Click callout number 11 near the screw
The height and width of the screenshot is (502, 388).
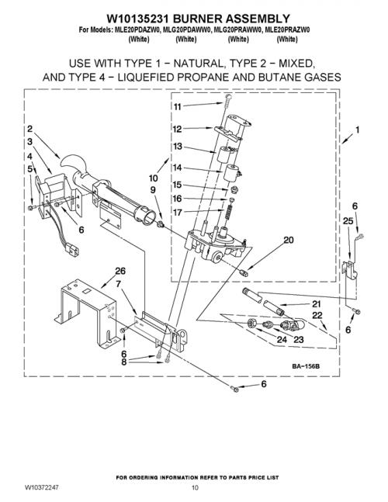coord(178,106)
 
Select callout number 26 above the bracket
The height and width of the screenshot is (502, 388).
coord(120,271)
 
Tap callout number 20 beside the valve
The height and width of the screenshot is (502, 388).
coord(289,240)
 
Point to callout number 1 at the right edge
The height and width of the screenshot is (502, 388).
coord(357,130)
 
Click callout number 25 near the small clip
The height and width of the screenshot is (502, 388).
coord(348,220)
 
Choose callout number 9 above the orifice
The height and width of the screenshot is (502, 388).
coord(153,190)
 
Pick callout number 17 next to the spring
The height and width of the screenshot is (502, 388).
coord(178,213)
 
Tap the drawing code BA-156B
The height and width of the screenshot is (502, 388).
coord(306,366)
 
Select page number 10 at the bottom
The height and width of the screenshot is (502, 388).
coord(195,487)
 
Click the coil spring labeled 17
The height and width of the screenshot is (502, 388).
coord(227,213)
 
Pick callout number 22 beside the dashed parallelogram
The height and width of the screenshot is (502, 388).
coord(317,315)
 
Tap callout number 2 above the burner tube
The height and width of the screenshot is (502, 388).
coord(29,129)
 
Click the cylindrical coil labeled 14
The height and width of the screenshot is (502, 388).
coord(232,173)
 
